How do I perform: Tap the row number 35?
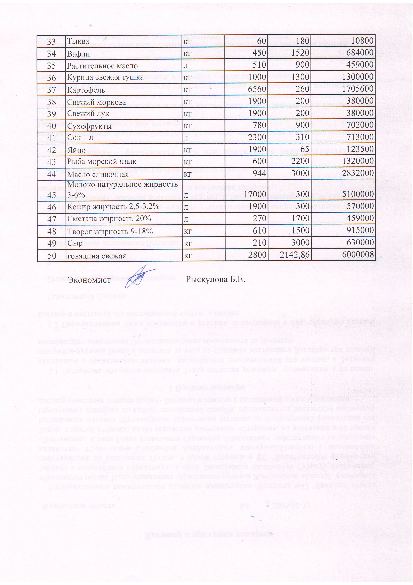click(x=51, y=66)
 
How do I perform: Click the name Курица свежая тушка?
click(x=105, y=77)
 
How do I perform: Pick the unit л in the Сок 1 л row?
click(x=186, y=138)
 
